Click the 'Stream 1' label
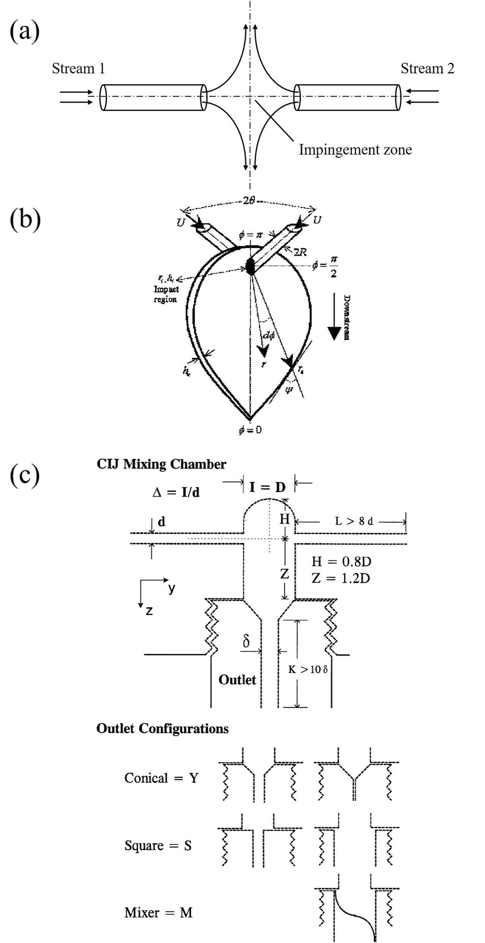[x=78, y=69]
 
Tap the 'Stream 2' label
[x=427, y=69]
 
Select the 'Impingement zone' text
[x=355, y=150]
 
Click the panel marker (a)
[x=25, y=32]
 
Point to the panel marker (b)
[x=25, y=219]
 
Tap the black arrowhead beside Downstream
[x=334, y=332]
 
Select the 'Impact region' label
[x=166, y=294]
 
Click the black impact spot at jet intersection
[x=250, y=266]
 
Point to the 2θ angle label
[x=249, y=201]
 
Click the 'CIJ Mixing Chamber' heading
[x=161, y=464]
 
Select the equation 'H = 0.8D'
[x=341, y=561]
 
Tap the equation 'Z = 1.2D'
[x=341, y=578]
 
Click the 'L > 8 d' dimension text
[x=354, y=521]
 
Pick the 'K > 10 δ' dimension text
[x=308, y=670]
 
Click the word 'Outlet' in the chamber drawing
[x=237, y=680]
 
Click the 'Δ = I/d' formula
[x=176, y=492]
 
